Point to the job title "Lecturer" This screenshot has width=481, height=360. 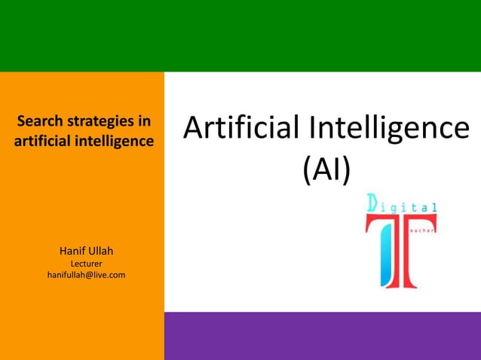point(86,264)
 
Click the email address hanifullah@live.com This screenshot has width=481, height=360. point(86,276)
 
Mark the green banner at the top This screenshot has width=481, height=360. point(240,35)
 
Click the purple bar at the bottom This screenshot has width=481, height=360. point(322,336)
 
